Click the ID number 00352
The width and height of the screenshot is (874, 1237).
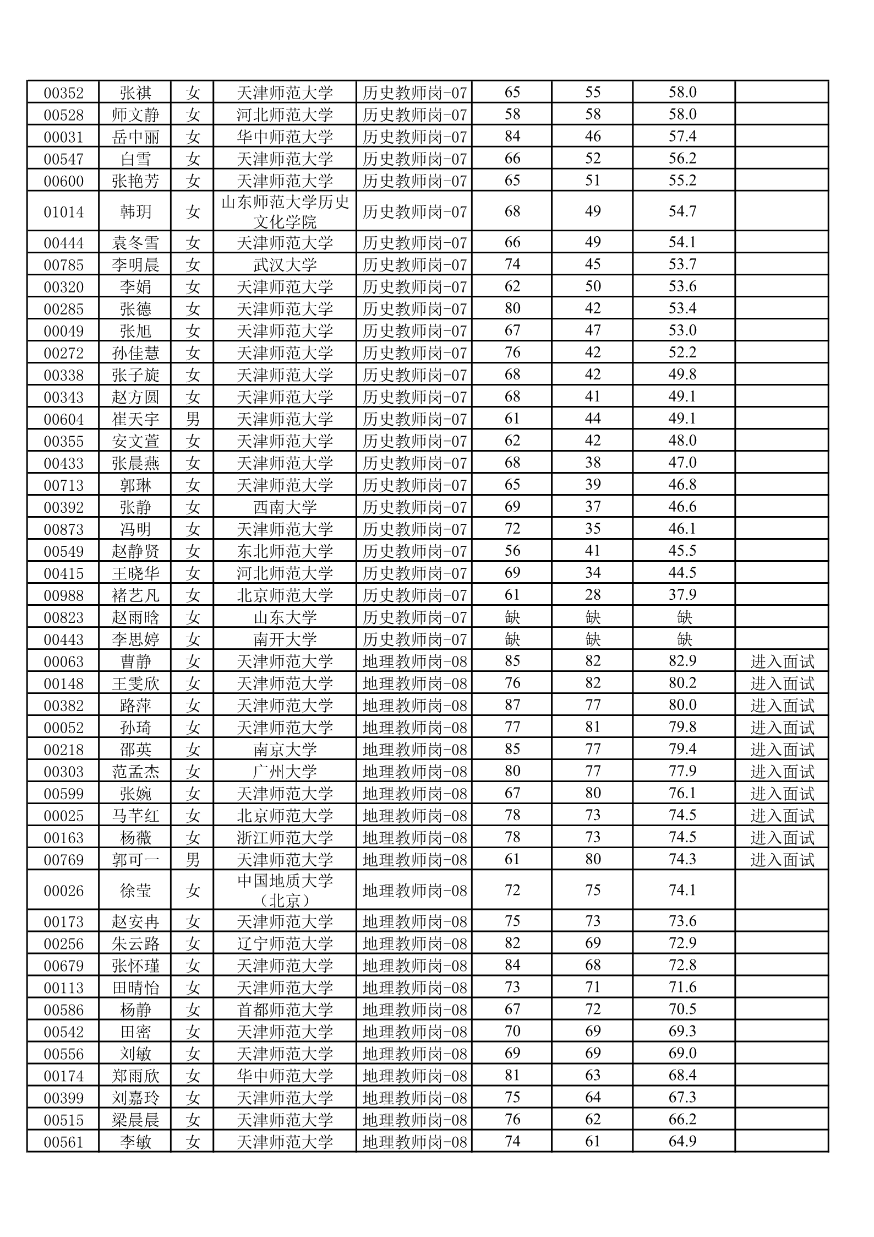tap(63, 93)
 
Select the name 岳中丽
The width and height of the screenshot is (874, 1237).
tap(135, 137)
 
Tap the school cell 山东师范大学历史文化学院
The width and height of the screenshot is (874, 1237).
tap(285, 211)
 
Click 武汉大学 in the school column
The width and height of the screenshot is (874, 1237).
tap(285, 265)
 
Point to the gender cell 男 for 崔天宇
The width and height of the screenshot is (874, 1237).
tap(193, 419)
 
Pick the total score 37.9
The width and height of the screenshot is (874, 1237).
tap(682, 595)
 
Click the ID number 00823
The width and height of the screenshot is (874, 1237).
tap(63, 617)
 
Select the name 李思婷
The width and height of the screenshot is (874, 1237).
tap(135, 639)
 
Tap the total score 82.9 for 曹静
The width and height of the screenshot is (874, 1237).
tap(682, 661)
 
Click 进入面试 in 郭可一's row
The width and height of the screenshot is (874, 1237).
tap(782, 860)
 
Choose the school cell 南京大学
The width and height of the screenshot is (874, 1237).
tap(285, 750)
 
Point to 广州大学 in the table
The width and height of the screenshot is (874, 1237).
tap(285, 772)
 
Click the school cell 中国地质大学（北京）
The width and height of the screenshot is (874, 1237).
tap(285, 891)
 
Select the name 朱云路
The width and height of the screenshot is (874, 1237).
tap(135, 943)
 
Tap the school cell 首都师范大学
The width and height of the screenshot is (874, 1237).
tap(285, 1010)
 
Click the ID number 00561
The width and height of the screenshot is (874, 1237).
tap(63, 1142)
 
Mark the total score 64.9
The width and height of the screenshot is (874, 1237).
tap(682, 1142)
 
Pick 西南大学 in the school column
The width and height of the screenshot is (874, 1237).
tap(285, 507)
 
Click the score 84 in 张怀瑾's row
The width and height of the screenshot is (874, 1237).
tap(512, 965)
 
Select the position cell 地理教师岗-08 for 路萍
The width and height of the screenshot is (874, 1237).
tap(414, 706)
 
